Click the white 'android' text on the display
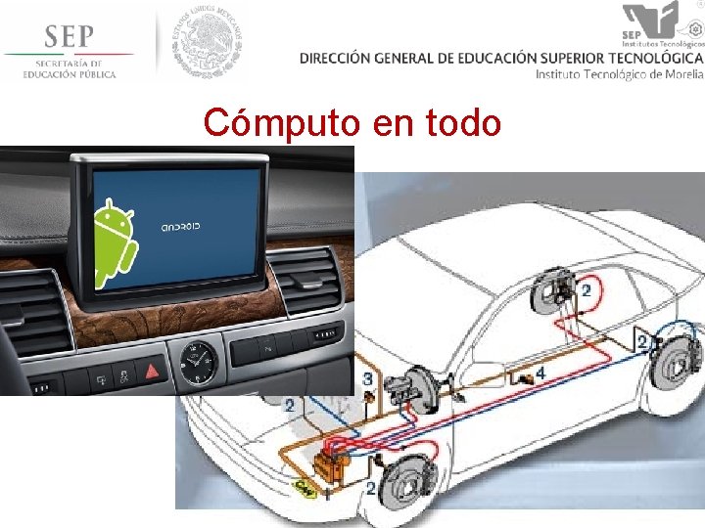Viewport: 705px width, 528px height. (x=180, y=227)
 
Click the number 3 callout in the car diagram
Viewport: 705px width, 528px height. (x=367, y=377)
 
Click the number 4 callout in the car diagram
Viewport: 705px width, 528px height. (x=540, y=373)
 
